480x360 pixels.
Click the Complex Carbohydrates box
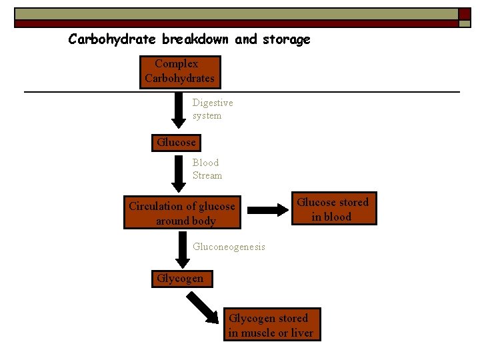coord(179,71)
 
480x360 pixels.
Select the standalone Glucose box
coord(176,143)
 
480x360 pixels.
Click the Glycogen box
coord(181,279)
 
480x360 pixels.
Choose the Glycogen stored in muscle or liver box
coord(271,325)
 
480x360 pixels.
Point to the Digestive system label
coord(212,109)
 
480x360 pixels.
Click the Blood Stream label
coord(207,169)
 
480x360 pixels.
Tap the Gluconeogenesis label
coord(229,247)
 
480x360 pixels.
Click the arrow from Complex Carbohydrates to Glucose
coord(179,109)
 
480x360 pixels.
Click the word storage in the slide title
coord(286,39)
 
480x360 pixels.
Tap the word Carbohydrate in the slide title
coord(113,39)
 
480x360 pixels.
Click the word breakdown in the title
coord(197,39)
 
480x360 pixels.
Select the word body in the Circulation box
coord(203,221)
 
